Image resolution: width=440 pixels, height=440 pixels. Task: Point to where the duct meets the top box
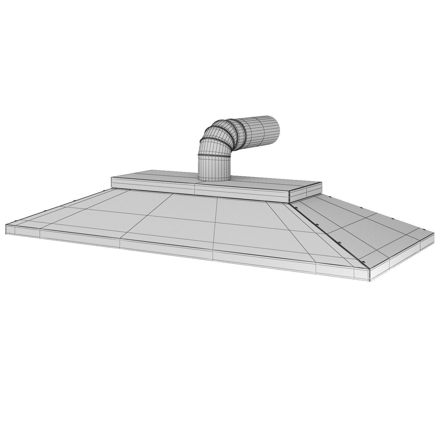214,179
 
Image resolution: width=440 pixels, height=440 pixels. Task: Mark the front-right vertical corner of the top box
289,196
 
